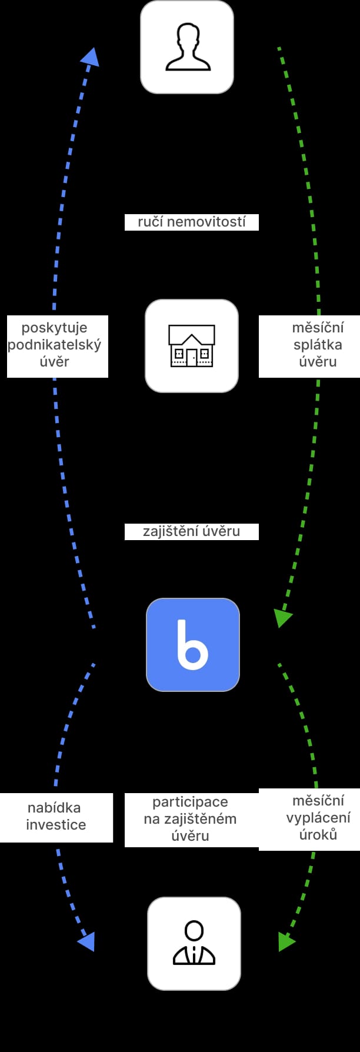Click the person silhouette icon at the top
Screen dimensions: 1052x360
(187, 47)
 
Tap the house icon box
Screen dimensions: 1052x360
(192, 346)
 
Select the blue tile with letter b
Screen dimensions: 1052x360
(193, 645)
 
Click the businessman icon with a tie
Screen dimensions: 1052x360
(194, 944)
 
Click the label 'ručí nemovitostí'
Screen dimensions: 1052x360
(192, 222)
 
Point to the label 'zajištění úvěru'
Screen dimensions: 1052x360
(192, 531)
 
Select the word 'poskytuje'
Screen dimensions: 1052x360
(54, 328)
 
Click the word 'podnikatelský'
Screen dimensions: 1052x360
(54, 345)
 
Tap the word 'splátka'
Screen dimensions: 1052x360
(318, 345)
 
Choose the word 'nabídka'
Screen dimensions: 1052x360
(54, 808)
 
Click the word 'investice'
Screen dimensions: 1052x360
(56, 825)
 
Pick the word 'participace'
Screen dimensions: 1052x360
(190, 802)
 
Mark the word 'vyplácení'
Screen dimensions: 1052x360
(318, 817)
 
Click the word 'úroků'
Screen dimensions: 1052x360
(318, 834)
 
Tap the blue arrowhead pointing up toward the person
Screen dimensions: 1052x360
(90, 56)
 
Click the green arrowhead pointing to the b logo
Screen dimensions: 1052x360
(282, 618)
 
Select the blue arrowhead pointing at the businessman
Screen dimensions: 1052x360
(87, 941)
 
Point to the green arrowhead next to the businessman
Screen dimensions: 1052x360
(286, 941)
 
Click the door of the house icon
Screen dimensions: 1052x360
(192, 357)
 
